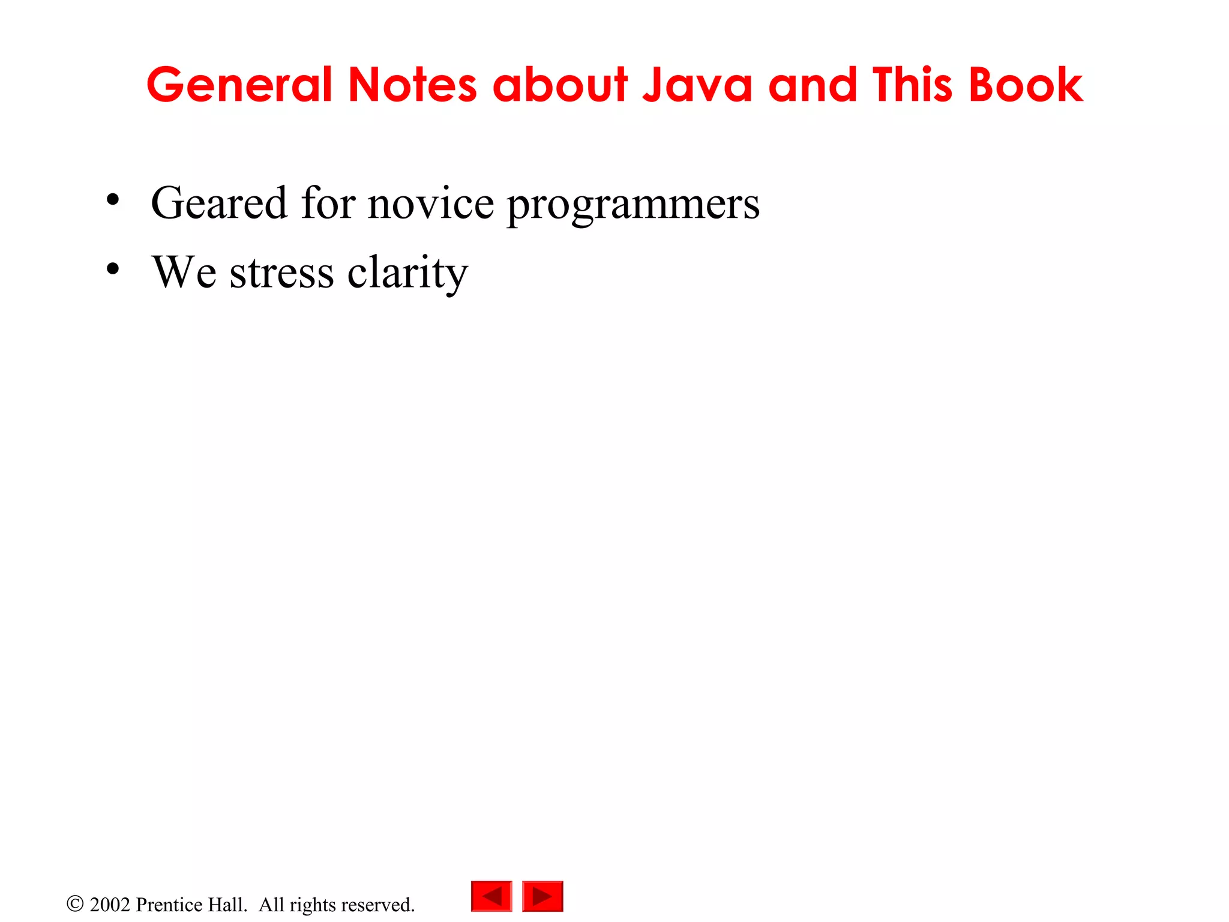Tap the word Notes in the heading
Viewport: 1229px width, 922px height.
coord(413,85)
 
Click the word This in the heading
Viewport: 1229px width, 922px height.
coord(913,85)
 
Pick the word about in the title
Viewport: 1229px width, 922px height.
coord(560,85)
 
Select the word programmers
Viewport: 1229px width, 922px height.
coord(633,207)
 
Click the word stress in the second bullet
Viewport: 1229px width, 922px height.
coord(281,273)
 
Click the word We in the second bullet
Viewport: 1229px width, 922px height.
coord(184,273)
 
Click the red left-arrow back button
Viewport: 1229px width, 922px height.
coord(491,896)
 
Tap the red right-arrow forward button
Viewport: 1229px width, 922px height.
coord(542,896)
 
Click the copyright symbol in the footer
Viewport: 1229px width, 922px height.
coord(75,904)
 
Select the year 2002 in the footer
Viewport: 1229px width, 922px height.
coord(110,905)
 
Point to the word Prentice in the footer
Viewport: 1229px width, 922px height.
coord(170,905)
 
